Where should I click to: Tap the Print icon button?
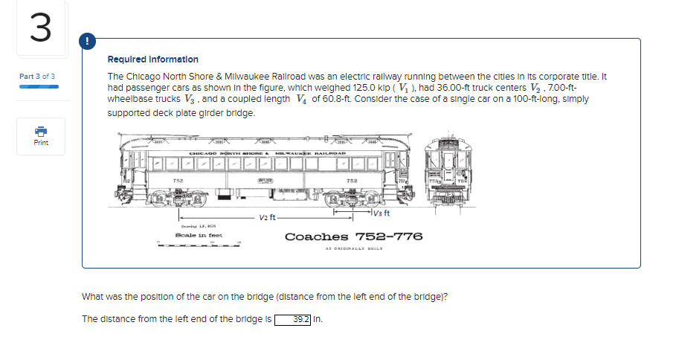[x=41, y=135]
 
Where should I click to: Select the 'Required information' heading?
[x=153, y=59]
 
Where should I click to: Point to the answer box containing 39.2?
[x=294, y=320]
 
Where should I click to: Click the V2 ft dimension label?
[x=268, y=217]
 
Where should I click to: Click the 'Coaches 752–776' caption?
[x=353, y=237]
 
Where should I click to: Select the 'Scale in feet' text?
[x=195, y=234]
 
